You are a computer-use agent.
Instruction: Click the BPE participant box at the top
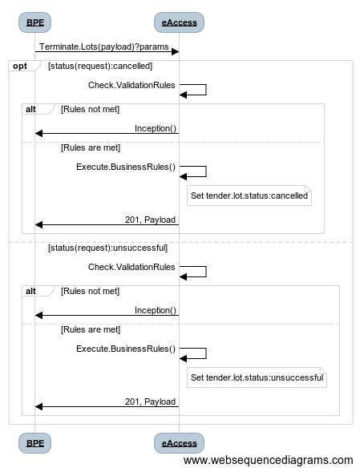(x=34, y=22)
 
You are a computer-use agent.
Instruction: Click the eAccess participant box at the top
(x=179, y=22)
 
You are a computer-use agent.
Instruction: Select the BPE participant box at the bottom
(x=34, y=443)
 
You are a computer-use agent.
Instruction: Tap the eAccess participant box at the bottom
(x=179, y=443)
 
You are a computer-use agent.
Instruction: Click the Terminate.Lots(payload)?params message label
(x=104, y=47)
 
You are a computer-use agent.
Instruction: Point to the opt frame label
(x=20, y=66)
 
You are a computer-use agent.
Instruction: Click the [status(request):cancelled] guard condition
(x=100, y=66)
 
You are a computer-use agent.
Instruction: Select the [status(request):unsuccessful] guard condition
(x=108, y=248)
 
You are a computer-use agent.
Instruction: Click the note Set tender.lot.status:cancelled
(x=249, y=196)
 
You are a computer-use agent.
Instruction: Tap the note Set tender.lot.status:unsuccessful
(x=257, y=377)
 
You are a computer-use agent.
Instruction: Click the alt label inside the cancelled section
(x=30, y=109)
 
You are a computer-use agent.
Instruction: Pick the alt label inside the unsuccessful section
(x=30, y=291)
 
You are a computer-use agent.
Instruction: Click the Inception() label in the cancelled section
(x=156, y=128)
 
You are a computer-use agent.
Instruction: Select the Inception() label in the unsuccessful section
(x=156, y=310)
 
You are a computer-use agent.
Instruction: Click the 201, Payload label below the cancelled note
(x=150, y=220)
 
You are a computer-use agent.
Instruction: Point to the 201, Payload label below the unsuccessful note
(x=150, y=401)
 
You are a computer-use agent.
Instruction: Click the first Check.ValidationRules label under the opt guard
(x=131, y=85)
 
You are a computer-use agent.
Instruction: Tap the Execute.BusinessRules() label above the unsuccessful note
(x=126, y=349)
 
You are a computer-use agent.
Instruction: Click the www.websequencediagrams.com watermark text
(x=268, y=460)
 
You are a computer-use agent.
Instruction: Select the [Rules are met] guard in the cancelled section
(x=91, y=147)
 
